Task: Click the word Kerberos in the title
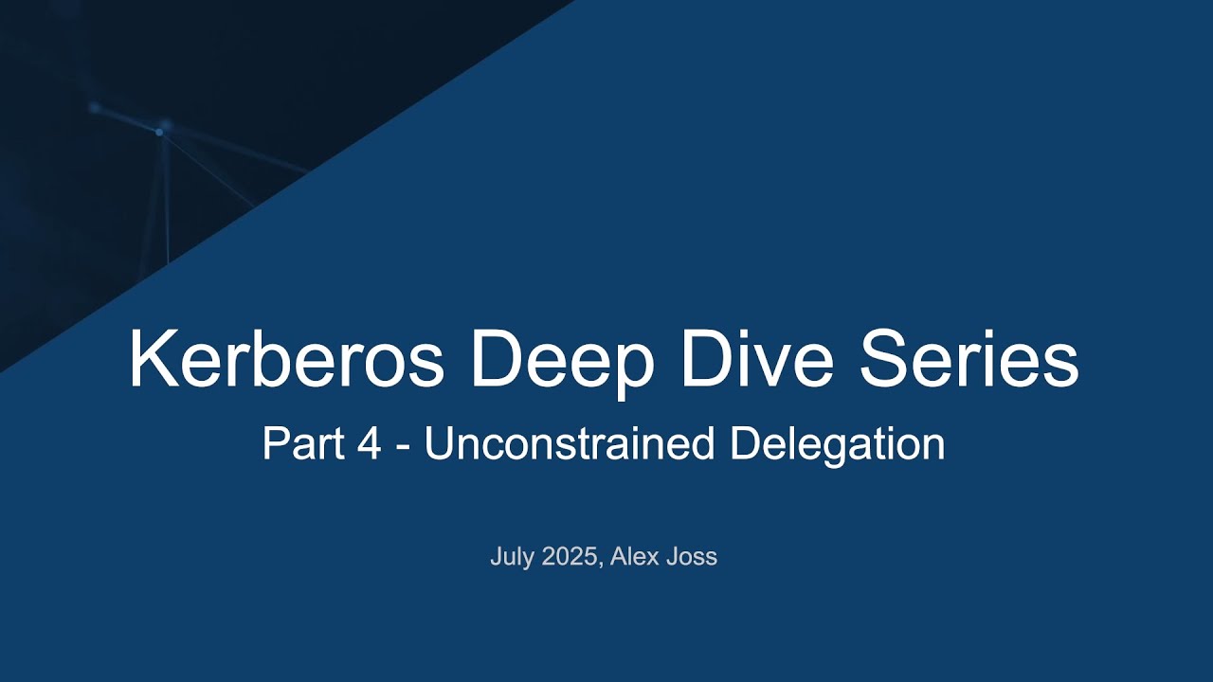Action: coord(286,361)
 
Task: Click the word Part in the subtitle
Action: coord(301,443)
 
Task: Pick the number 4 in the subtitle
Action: coord(370,443)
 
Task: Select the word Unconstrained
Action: coord(569,443)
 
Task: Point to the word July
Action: coord(513,557)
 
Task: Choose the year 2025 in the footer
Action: coord(570,557)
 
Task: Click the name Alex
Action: coord(634,557)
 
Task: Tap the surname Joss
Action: coord(692,557)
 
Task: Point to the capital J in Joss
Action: coord(672,557)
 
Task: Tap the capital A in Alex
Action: coord(618,557)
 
